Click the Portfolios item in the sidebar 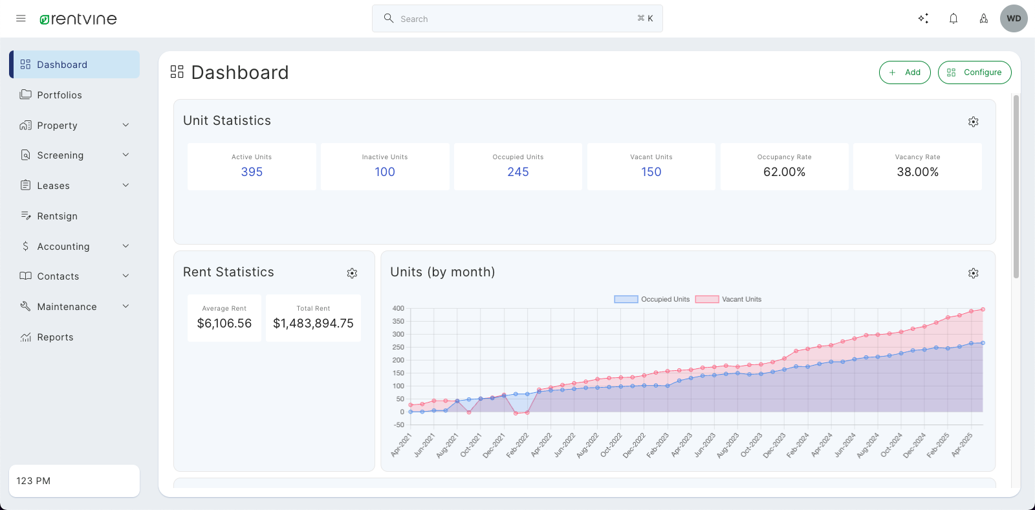click(x=60, y=95)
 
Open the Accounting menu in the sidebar click(x=63, y=247)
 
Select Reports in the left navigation click(x=55, y=337)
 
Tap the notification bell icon click(x=953, y=19)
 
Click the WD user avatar click(x=1014, y=19)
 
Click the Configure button click(x=974, y=72)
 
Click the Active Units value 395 click(x=252, y=172)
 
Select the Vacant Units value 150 click(x=651, y=172)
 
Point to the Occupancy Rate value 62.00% click(x=784, y=172)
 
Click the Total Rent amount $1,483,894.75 click(x=313, y=324)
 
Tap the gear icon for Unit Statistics click(x=973, y=122)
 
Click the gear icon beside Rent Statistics click(x=352, y=273)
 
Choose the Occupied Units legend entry click(x=652, y=299)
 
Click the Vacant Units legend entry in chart click(x=729, y=299)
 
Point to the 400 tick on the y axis click(x=398, y=309)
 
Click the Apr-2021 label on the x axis click(x=402, y=445)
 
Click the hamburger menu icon click(x=21, y=19)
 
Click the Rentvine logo click(x=78, y=19)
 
